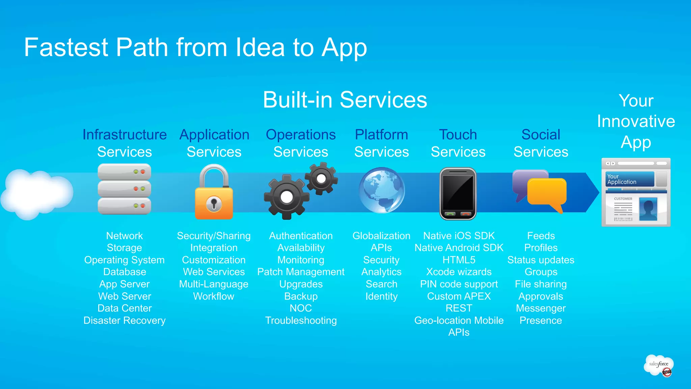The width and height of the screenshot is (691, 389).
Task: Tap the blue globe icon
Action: pyautogui.click(x=382, y=190)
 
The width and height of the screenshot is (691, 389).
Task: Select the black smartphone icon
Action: pyautogui.click(x=458, y=193)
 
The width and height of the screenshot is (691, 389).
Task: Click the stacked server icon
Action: pyautogui.click(x=124, y=189)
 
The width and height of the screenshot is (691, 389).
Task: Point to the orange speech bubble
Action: pyautogui.click(x=547, y=192)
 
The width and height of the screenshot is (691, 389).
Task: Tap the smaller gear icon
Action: pyautogui.click(x=321, y=178)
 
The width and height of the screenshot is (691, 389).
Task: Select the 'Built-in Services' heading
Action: pyautogui.click(x=345, y=100)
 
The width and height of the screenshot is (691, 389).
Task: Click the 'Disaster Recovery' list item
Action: pyautogui.click(x=125, y=320)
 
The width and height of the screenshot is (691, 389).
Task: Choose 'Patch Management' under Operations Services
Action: pyautogui.click(x=301, y=272)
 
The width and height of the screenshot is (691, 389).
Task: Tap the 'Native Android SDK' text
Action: pyautogui.click(x=459, y=248)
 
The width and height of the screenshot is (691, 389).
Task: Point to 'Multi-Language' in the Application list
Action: pyautogui.click(x=214, y=284)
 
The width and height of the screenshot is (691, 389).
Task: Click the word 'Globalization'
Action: pyautogui.click(x=381, y=236)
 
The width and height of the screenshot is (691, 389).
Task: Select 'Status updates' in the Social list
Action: pyautogui.click(x=541, y=260)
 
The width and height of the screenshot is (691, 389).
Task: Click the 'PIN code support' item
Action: pyautogui.click(x=459, y=284)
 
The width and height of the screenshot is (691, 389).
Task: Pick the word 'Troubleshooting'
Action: pyautogui.click(x=301, y=320)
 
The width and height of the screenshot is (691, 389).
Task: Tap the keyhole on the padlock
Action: pyautogui.click(x=214, y=204)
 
